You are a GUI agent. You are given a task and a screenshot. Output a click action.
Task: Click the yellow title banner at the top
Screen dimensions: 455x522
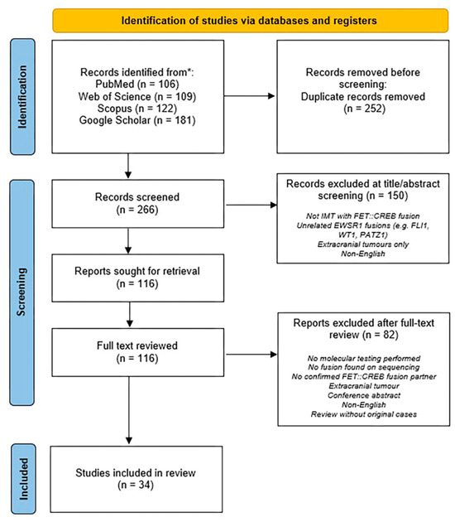tap(251, 21)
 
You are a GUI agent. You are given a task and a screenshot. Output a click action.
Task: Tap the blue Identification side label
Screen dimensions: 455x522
tap(22, 97)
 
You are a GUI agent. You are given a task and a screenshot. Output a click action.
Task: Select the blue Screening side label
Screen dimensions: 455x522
tap(22, 292)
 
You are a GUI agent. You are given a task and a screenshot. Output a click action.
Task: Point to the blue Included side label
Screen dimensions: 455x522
tap(23, 479)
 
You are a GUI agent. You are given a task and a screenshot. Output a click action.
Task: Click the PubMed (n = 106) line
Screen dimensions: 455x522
tap(137, 84)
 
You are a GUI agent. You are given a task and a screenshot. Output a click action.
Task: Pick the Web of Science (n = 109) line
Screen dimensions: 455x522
tap(137, 96)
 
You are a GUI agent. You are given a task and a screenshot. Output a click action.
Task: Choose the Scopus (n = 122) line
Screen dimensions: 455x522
tap(137, 109)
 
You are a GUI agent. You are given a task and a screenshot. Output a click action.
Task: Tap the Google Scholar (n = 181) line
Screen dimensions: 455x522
tap(137, 120)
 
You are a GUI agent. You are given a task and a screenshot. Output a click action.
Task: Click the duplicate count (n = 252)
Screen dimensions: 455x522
tap(365, 109)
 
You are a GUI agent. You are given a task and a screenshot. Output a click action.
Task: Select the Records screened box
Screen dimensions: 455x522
tap(138, 204)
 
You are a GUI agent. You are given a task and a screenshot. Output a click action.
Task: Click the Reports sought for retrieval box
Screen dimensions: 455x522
tap(138, 278)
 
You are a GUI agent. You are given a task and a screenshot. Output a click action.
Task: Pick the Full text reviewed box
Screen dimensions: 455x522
tap(138, 352)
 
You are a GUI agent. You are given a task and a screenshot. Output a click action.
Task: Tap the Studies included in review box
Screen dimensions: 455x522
tap(136, 480)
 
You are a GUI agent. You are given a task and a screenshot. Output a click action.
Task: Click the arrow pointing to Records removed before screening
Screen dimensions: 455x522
tap(250, 96)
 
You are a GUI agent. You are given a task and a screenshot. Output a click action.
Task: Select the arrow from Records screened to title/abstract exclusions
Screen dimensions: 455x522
tap(251, 205)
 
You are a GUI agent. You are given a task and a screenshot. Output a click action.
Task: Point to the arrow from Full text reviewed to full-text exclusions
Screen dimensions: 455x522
tap(251, 355)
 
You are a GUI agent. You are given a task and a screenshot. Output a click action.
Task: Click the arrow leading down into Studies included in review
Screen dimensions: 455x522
tap(129, 410)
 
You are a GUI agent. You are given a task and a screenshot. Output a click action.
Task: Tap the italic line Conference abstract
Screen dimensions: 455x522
tap(364, 395)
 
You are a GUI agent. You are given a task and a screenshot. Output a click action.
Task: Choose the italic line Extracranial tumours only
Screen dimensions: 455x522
tap(363, 244)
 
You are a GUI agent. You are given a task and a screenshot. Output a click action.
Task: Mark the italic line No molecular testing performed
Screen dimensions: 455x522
tap(364, 358)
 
